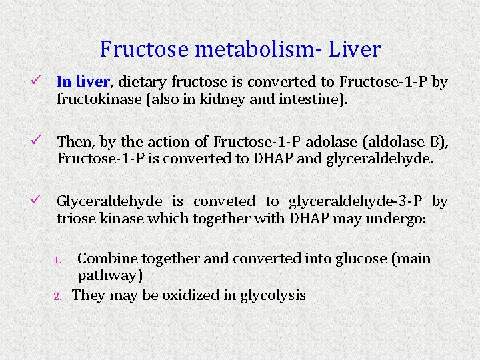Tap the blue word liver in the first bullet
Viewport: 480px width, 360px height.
coord(92,82)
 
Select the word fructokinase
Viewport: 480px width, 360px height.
coord(101,99)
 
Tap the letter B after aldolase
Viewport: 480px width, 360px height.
coord(436,141)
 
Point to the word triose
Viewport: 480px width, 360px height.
coord(77,219)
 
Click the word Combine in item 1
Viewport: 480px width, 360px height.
coord(105,258)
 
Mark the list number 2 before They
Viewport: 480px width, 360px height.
coord(58,296)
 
